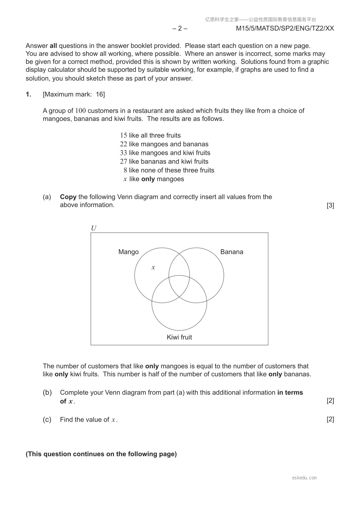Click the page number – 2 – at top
[x=180, y=28]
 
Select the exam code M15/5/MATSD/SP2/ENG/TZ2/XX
[x=285, y=28]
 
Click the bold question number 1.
[x=28, y=94]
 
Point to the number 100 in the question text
[x=80, y=111]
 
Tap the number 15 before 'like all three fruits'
[x=123, y=135]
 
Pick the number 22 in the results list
[x=123, y=144]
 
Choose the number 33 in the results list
[x=123, y=153]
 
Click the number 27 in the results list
[x=123, y=161]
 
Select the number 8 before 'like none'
[x=125, y=170]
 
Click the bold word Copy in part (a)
[x=68, y=197]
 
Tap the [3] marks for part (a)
[x=330, y=205]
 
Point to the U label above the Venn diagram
[x=94, y=228]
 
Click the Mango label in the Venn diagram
[x=128, y=252]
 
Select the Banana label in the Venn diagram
[x=232, y=252]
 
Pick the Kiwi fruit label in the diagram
[x=179, y=337]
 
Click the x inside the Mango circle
[x=153, y=267]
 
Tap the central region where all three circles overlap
[x=179, y=286]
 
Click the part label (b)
[x=47, y=393]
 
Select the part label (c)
[x=47, y=420]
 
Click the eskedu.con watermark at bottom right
[x=304, y=478]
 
